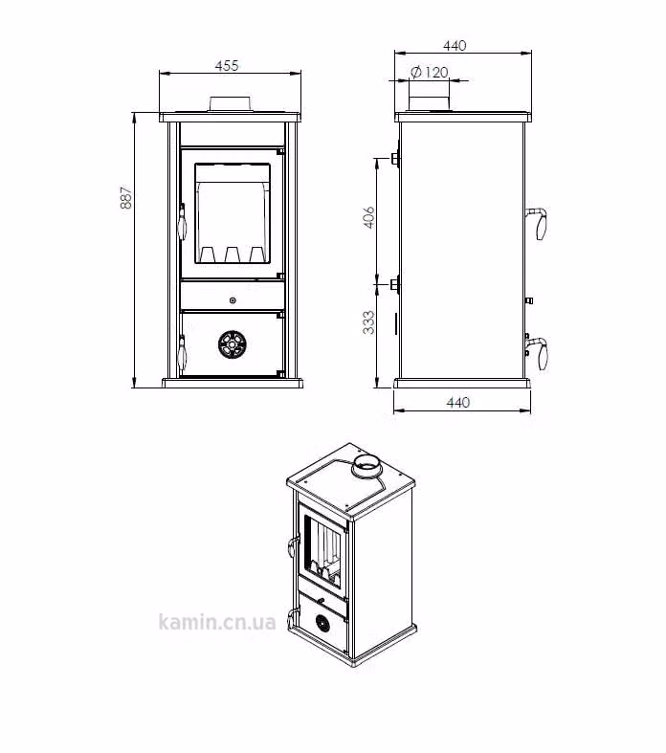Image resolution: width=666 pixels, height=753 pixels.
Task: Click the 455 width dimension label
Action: [x=227, y=65]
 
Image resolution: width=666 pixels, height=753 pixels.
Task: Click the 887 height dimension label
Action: [x=126, y=197]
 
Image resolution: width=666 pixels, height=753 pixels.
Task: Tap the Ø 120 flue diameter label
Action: [x=430, y=73]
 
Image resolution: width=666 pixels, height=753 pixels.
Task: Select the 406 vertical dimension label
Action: [x=368, y=217]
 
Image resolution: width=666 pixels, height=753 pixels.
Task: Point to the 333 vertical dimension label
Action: [x=368, y=322]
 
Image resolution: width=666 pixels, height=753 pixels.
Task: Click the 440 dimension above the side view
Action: [x=455, y=46]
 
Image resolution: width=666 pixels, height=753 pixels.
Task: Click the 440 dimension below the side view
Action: [x=458, y=403]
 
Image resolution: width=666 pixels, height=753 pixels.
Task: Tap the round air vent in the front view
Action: [x=233, y=344]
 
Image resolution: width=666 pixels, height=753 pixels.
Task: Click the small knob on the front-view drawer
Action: [x=233, y=300]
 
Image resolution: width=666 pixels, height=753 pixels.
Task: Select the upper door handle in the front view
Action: [x=182, y=222]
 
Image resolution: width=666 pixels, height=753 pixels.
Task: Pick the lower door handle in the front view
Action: [x=182, y=353]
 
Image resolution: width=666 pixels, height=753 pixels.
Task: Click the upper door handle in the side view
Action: [x=538, y=223]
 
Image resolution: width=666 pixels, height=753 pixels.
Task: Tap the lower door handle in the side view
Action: [x=538, y=353]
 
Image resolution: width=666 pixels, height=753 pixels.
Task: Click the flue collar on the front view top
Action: [x=230, y=103]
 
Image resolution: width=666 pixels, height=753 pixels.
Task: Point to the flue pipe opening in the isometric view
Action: [x=366, y=464]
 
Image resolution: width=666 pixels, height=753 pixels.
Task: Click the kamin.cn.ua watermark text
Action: [x=217, y=622]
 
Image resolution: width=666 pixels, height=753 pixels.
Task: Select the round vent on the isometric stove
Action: [x=322, y=623]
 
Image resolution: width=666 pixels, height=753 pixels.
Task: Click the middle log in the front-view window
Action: [x=233, y=255]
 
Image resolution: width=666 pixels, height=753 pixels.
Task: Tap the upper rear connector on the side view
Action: [x=394, y=158]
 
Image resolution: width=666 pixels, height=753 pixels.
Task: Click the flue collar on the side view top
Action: [x=430, y=103]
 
